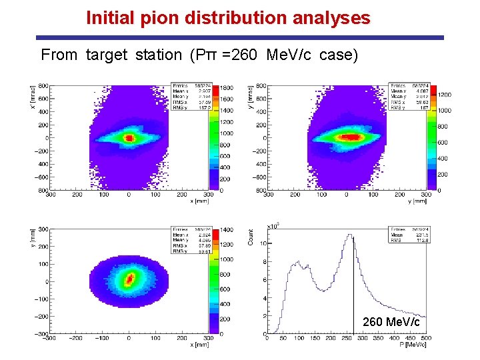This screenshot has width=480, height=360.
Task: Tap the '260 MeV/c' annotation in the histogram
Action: (x=391, y=323)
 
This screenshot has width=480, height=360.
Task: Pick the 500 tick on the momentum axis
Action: (x=427, y=338)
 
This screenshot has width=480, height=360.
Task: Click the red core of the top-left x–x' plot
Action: (x=129, y=139)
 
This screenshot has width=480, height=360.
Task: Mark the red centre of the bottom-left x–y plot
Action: (x=129, y=278)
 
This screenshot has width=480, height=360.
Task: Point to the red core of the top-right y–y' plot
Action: (x=349, y=137)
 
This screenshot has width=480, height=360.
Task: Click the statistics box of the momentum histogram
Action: (x=408, y=235)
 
